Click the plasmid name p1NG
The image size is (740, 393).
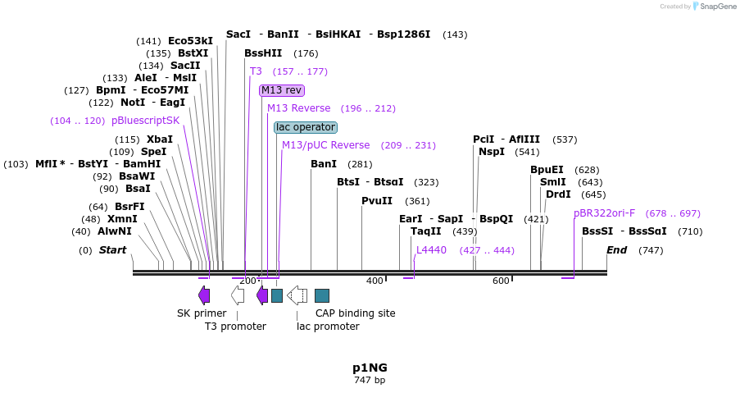click(370, 368)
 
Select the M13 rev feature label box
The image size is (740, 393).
click(281, 90)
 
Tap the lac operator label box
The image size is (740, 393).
click(305, 127)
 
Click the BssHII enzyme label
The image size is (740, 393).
click(263, 53)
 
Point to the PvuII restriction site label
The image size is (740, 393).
click(377, 201)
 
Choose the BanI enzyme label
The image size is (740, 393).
click(324, 164)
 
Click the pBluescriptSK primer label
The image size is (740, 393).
click(145, 121)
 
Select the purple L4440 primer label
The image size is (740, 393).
click(431, 250)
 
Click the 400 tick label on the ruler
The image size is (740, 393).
click(375, 281)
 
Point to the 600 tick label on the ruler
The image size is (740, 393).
click(501, 281)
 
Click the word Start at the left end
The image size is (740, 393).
click(113, 250)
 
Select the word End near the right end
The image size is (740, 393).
click(616, 250)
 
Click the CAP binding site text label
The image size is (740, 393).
click(355, 313)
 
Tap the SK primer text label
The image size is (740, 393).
click(202, 313)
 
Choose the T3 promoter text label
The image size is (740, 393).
click(235, 327)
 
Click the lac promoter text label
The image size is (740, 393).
click(328, 327)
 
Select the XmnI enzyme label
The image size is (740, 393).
click(122, 219)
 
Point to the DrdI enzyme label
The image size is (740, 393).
click(558, 194)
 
